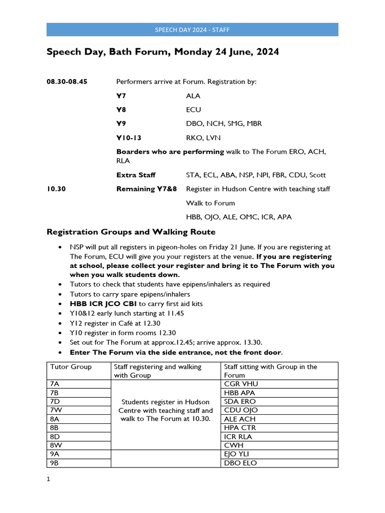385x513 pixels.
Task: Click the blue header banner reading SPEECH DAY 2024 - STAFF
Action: (x=192, y=30)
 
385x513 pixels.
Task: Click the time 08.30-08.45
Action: (x=67, y=82)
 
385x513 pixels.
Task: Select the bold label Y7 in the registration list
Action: (x=121, y=96)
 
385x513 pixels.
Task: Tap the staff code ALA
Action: (x=193, y=96)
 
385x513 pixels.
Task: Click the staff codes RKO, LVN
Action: (x=203, y=137)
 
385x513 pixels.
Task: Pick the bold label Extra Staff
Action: (x=136, y=175)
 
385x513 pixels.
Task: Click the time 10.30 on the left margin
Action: (x=56, y=189)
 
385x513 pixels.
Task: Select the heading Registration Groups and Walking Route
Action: (x=131, y=232)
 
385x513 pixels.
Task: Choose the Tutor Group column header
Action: (x=71, y=367)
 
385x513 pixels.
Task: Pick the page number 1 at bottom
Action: (x=49, y=479)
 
